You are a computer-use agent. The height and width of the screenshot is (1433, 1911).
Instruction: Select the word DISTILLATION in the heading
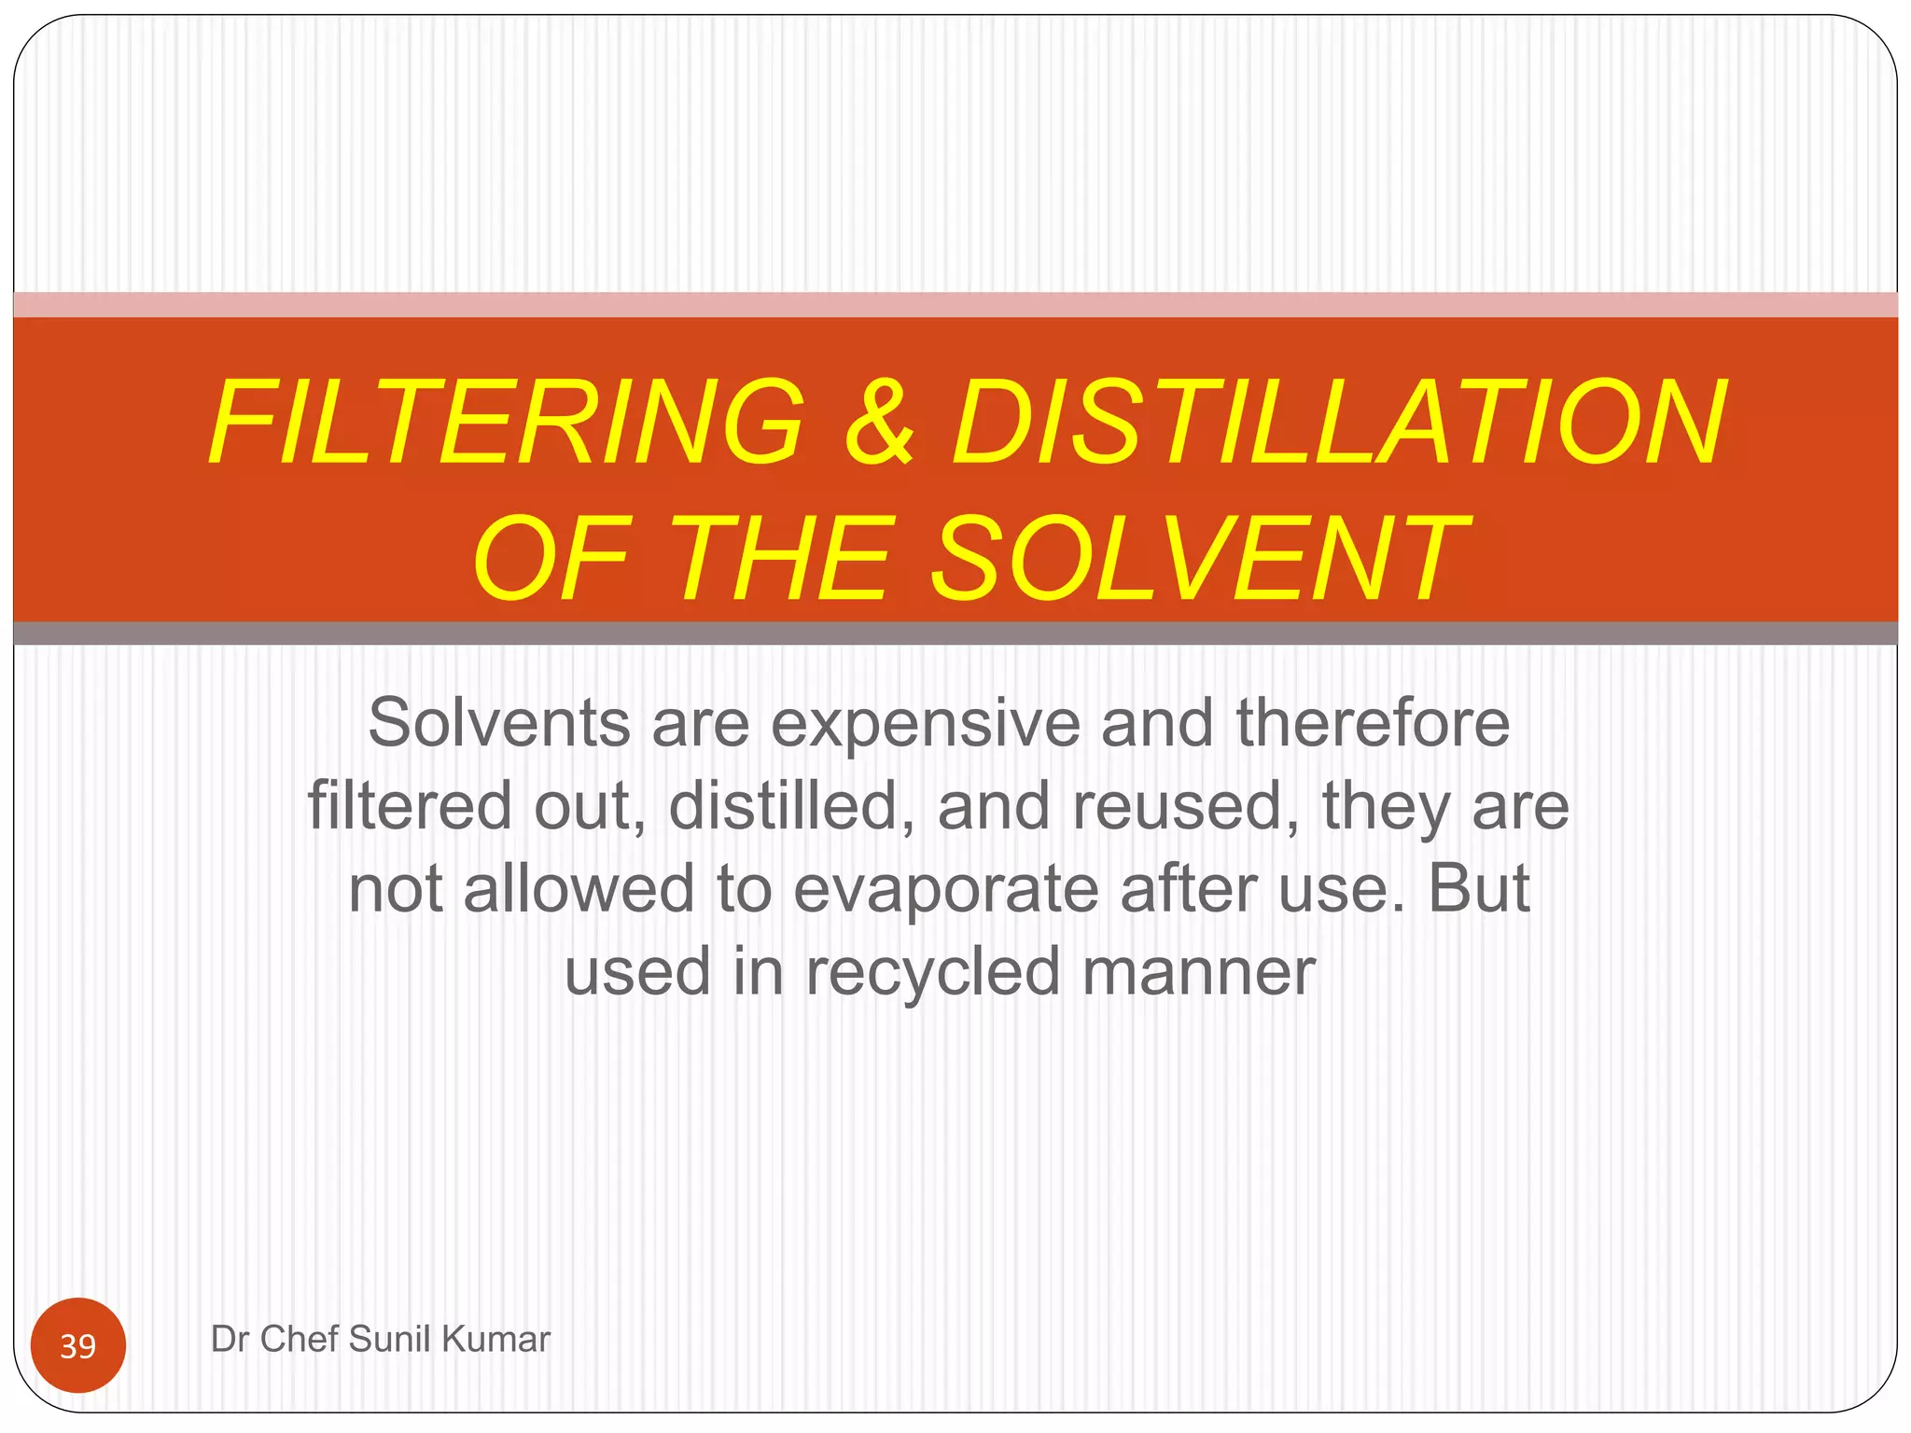[1340, 422]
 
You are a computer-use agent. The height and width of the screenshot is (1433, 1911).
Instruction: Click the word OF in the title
[551, 559]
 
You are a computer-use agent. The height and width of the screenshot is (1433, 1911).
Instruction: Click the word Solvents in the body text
[498, 723]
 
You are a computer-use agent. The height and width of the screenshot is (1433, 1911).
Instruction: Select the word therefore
[1373, 723]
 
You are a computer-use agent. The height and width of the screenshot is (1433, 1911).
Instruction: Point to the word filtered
[410, 805]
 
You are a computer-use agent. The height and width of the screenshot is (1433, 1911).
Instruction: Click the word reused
[1185, 805]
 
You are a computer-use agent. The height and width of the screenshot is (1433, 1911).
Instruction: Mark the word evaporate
[946, 889]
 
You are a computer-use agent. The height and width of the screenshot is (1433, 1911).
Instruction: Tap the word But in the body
[1479, 887]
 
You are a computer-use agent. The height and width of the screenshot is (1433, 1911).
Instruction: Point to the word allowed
[579, 887]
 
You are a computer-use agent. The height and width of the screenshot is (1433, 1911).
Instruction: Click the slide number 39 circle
[78, 1345]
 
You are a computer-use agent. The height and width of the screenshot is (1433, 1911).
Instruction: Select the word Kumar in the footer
[495, 1339]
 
